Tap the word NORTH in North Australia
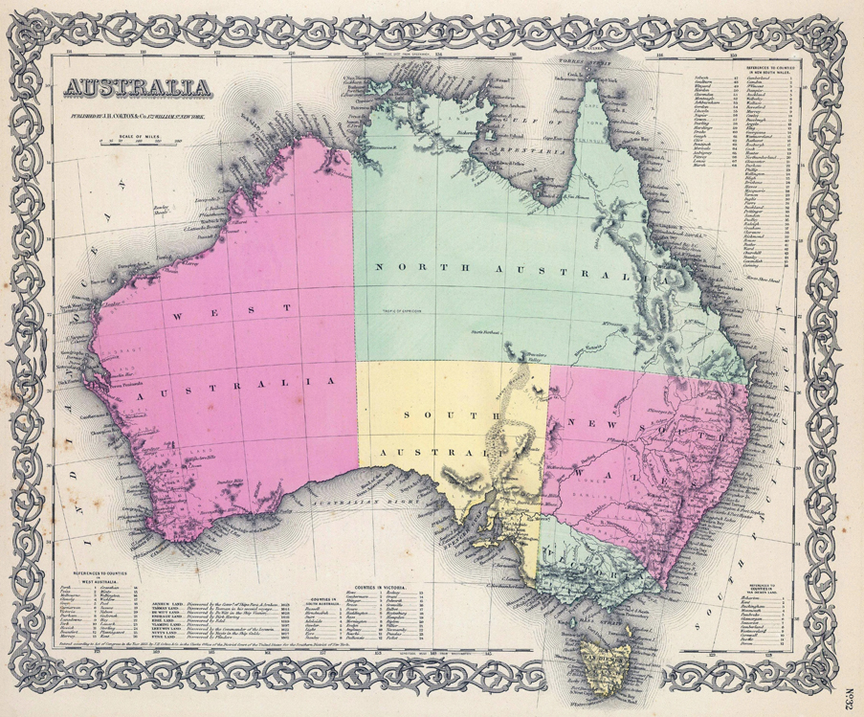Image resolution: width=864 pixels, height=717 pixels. click(408, 267)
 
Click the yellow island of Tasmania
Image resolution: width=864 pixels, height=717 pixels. click(611, 661)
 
